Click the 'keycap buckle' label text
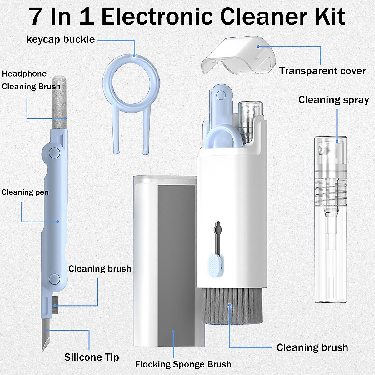pos(60,40)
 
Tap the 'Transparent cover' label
pos(322,71)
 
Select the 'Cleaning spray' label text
pos(333,100)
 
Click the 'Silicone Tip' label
pos(92,357)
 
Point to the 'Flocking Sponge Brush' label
pos(183,364)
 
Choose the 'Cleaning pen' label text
pos(25,192)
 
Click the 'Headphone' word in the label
pos(24,74)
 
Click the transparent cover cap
pos(239,56)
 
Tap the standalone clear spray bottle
pos(331,219)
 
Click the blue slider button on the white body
pos(214,264)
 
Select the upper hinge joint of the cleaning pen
pos(54,152)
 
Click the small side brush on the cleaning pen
pos(55,305)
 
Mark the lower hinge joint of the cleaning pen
pos(55,278)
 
